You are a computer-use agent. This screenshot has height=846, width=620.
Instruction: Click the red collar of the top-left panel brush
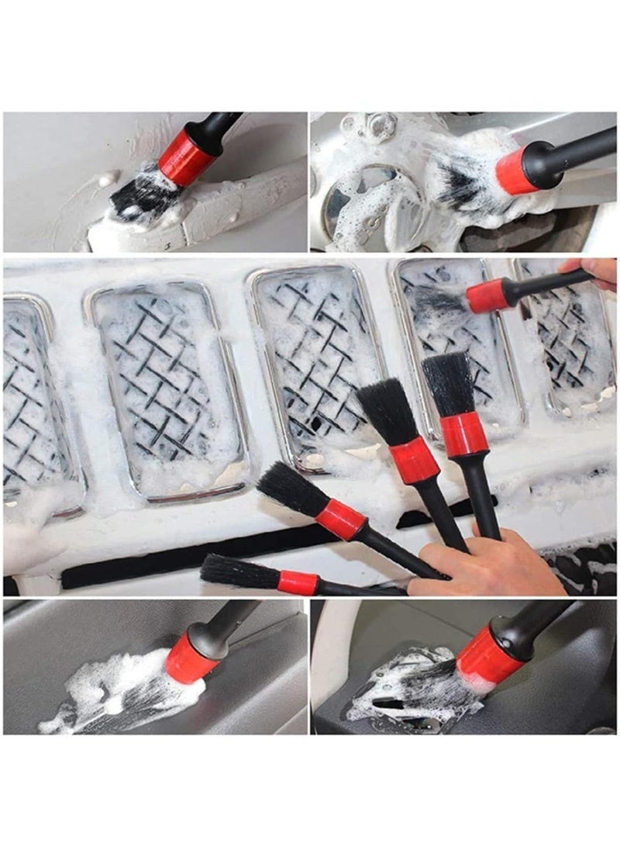(187, 157)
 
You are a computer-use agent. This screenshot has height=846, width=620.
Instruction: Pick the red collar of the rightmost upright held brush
(464, 434)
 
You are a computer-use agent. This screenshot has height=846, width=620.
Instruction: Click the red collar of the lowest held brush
(298, 582)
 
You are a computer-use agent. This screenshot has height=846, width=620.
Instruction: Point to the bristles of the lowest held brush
(236, 572)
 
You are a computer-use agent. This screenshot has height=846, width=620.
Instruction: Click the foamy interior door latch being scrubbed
(403, 694)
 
